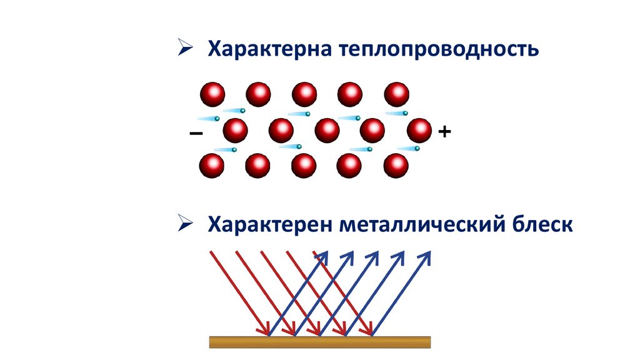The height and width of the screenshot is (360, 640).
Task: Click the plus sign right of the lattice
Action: pyautogui.click(x=444, y=132)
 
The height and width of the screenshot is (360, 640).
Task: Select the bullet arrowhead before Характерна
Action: pyautogui.click(x=185, y=47)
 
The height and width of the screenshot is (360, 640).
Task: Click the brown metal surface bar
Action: pyautogui.click(x=319, y=342)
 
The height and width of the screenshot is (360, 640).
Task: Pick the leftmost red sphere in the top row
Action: pyautogui.click(x=212, y=95)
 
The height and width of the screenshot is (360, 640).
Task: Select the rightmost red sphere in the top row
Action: pyautogui.click(x=396, y=95)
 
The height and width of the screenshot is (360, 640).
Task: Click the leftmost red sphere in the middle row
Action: pyautogui.click(x=235, y=131)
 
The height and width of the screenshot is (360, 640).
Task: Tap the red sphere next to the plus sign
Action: pyautogui.click(x=419, y=131)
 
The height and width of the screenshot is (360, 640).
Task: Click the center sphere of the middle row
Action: pyautogui.click(x=327, y=131)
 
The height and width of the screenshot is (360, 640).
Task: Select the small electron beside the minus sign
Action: pyautogui.click(x=217, y=119)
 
